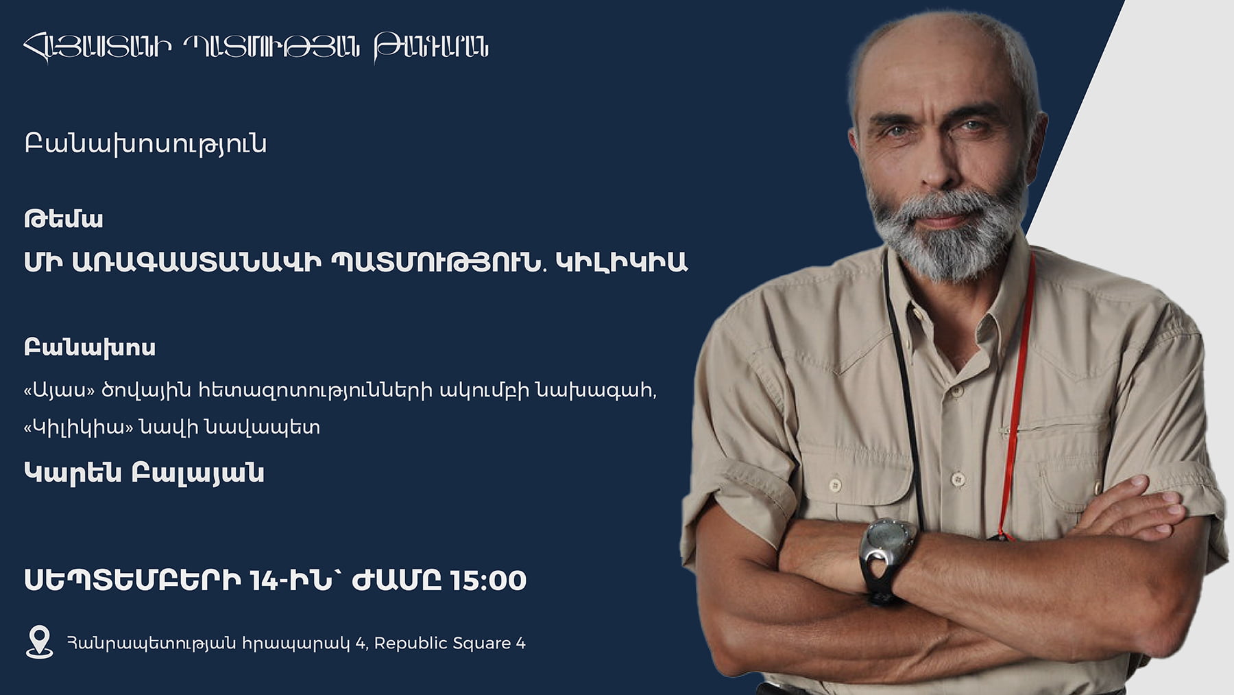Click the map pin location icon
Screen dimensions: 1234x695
39,641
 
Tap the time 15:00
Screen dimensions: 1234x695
488,580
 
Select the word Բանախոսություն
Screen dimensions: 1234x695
145,144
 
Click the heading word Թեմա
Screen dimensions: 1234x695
64,219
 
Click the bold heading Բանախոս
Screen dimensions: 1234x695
90,347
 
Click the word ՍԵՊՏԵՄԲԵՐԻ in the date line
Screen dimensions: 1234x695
133,580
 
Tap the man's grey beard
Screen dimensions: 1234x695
949,233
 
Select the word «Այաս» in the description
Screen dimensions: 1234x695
59,390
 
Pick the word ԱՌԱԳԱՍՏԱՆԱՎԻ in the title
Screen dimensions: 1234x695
197,262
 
